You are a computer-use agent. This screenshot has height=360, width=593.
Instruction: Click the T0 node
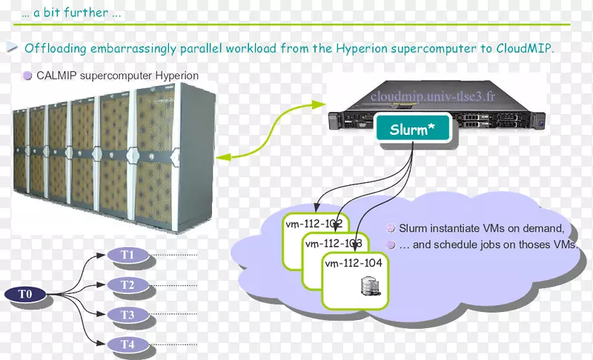point(26,295)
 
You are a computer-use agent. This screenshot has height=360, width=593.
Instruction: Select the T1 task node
point(127,256)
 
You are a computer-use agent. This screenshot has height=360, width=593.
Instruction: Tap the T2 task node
point(127,285)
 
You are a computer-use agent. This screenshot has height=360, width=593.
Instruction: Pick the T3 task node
point(127,315)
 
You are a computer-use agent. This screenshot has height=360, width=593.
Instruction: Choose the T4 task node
point(127,344)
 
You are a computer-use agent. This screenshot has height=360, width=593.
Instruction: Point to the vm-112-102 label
point(313,223)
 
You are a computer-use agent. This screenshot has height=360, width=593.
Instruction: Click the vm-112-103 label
point(333,243)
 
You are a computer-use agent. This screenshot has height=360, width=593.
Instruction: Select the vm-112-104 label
point(353,262)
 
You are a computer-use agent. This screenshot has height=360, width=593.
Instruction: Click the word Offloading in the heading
point(56,49)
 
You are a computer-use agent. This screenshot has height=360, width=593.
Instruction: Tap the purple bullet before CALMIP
point(27,75)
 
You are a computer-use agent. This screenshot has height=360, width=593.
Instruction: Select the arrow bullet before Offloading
point(13,48)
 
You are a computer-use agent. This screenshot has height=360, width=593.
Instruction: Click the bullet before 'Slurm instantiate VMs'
point(391,228)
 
